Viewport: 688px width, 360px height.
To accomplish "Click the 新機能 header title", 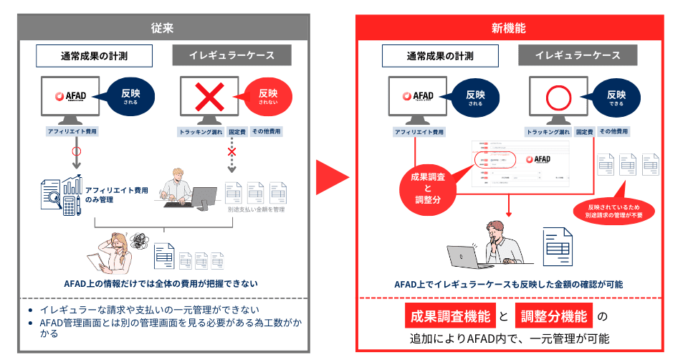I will click(x=508, y=29).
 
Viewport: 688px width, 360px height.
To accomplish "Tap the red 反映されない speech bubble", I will click(x=268, y=96).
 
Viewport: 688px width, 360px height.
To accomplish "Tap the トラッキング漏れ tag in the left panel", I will click(x=200, y=132).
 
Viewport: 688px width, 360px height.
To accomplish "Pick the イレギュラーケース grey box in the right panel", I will click(x=578, y=56).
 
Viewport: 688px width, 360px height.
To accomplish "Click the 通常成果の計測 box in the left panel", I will click(x=95, y=56).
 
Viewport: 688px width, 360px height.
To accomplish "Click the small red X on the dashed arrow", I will click(x=231, y=152).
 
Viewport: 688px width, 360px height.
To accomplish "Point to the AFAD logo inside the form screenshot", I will click(x=537, y=159).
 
